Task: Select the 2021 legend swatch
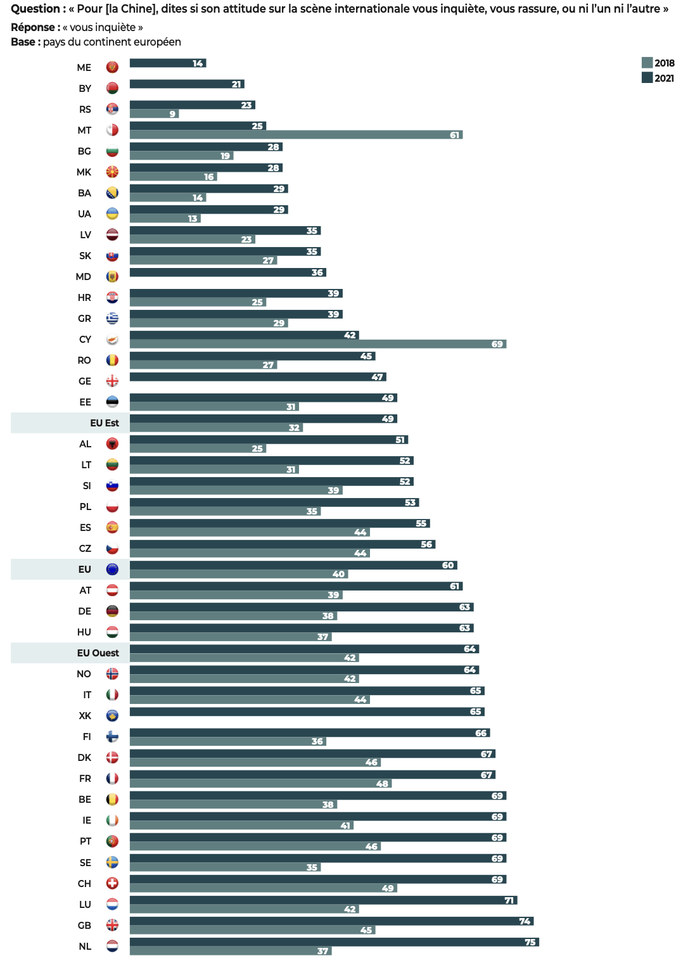(x=647, y=77)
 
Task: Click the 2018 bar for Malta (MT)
(x=296, y=135)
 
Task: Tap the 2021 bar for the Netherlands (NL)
(x=334, y=942)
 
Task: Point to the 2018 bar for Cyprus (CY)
(x=317, y=344)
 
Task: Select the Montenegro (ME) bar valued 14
(x=167, y=63)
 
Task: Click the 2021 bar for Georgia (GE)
(x=257, y=377)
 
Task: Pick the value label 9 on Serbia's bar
(x=172, y=114)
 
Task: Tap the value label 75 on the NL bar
(x=530, y=942)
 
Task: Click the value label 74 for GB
(x=525, y=921)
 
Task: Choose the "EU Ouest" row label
(x=98, y=653)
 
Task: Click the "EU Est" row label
(x=104, y=423)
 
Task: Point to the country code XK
(x=85, y=716)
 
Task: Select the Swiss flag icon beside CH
(x=112, y=883)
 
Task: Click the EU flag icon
(x=112, y=570)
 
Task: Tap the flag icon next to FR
(x=112, y=779)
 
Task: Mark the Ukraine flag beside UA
(x=112, y=214)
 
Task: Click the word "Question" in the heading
(x=35, y=9)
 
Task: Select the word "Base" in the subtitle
(x=23, y=42)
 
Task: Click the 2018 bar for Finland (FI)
(x=227, y=741)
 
